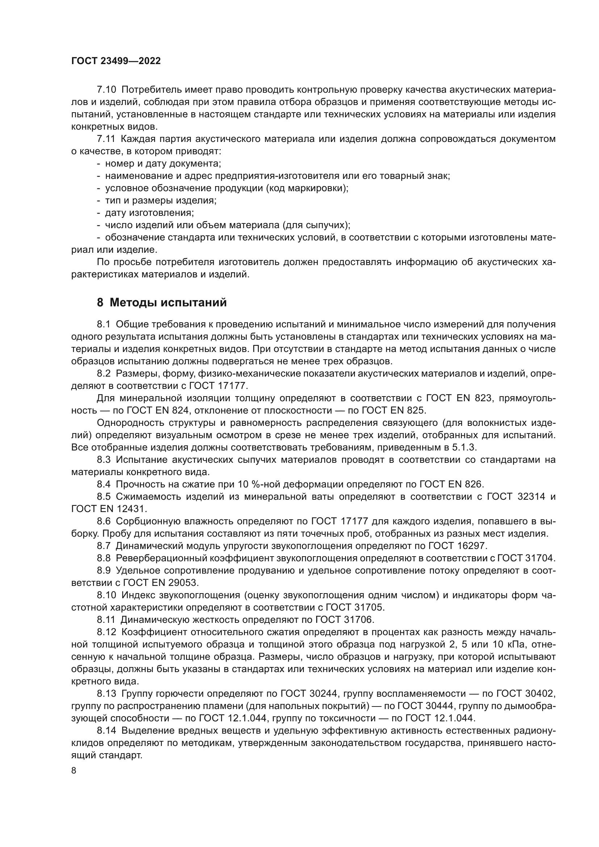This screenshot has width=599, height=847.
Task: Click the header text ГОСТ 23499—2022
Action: (116, 61)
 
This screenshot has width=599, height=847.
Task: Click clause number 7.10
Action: (106, 90)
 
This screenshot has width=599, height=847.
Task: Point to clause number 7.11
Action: (106, 139)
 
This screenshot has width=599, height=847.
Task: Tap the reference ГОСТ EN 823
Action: (459, 398)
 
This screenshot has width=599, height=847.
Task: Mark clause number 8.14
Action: (106, 730)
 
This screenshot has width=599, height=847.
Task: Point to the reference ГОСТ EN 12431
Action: (109, 509)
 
